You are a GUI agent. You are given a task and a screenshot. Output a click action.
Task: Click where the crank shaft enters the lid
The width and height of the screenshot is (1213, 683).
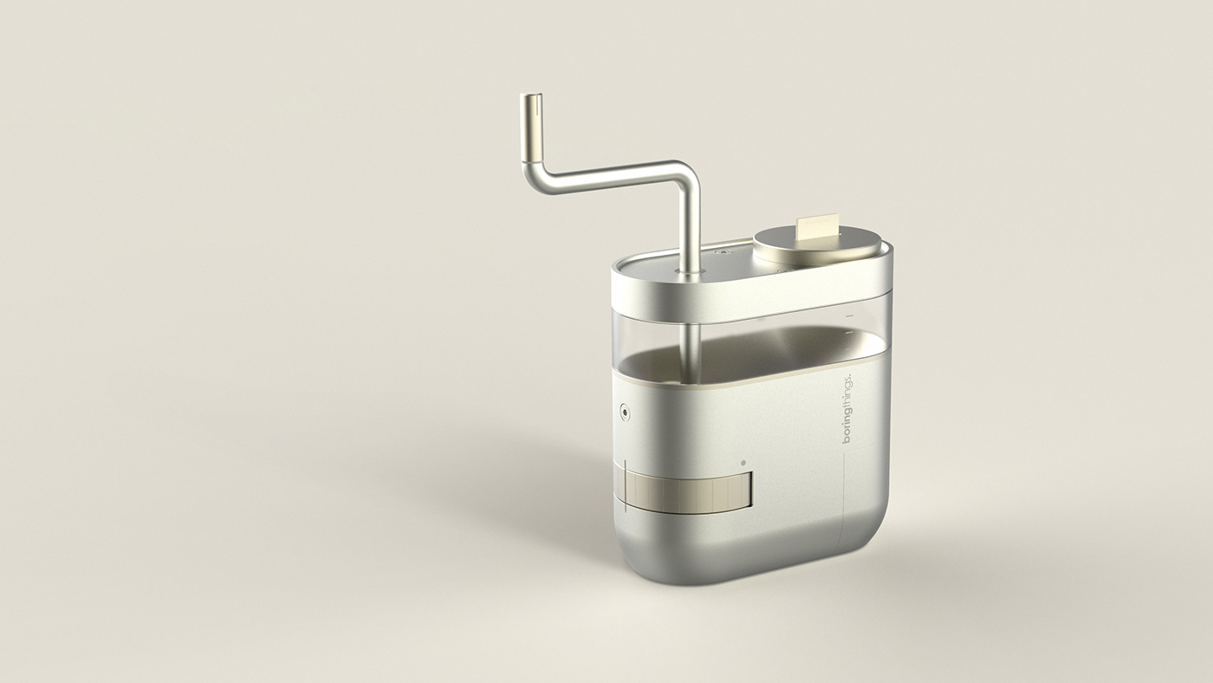(x=690, y=271)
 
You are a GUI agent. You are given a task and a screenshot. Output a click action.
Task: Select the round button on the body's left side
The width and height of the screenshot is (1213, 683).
(x=624, y=413)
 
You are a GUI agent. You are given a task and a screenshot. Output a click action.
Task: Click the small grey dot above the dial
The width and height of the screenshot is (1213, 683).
(x=743, y=463)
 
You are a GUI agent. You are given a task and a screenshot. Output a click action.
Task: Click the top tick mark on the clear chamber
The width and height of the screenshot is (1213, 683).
(x=849, y=315)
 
